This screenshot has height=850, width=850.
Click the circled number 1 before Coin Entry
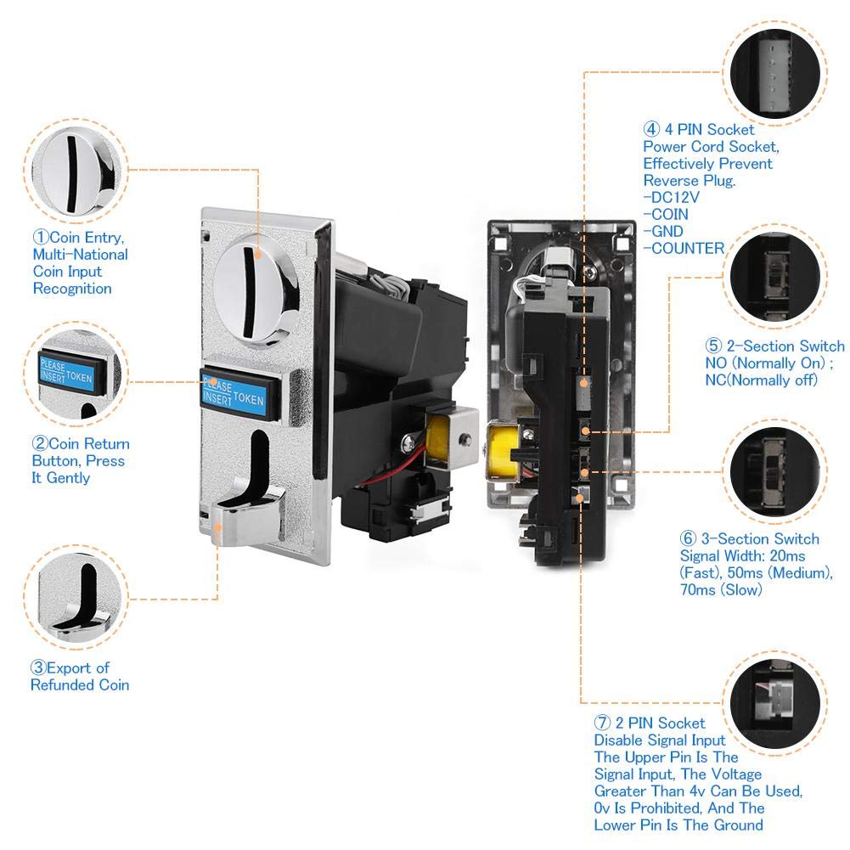(42, 238)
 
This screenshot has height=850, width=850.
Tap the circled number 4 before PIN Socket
(651, 129)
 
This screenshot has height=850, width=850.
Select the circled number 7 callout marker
(602, 723)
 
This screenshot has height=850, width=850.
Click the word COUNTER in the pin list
(687, 248)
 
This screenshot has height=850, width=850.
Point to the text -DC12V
(671, 197)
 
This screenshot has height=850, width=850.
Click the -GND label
(663, 232)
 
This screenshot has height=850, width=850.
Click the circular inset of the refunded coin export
(76, 599)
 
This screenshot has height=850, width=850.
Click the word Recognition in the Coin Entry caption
(72, 289)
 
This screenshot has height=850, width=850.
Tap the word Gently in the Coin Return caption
(68, 478)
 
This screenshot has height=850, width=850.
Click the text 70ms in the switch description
(698, 590)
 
